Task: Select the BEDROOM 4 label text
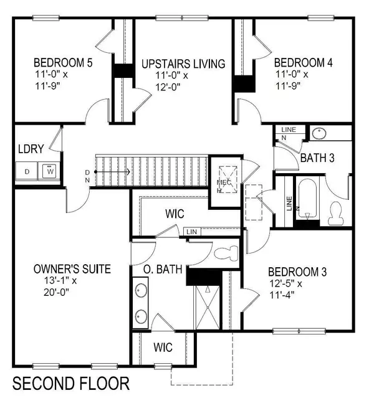coord(302,62)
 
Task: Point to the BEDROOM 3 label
coord(297,272)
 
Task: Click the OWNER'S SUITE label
coord(72,269)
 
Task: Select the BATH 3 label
coord(318,158)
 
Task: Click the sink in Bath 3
coord(319,133)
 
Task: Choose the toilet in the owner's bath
coord(225,253)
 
